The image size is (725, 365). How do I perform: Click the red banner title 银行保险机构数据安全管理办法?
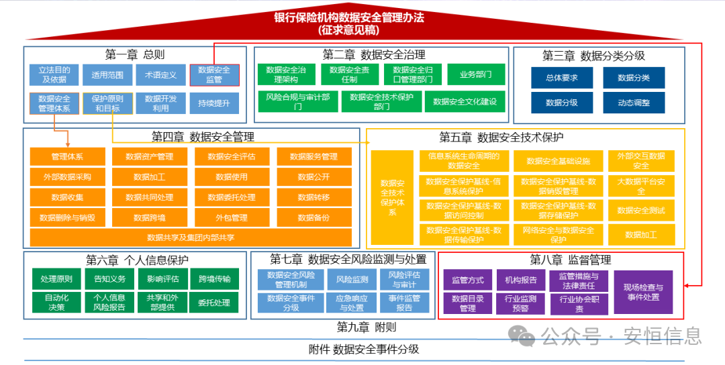(x=349, y=18)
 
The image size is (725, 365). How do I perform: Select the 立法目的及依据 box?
(x=54, y=74)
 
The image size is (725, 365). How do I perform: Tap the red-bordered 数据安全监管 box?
(x=214, y=74)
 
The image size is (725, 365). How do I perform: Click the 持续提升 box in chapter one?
(x=214, y=103)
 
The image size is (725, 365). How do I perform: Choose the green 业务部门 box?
(x=476, y=74)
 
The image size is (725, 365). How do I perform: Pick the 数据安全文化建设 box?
(x=465, y=102)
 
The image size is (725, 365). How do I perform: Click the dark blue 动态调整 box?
(x=634, y=103)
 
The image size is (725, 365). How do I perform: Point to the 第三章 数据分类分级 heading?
(x=594, y=56)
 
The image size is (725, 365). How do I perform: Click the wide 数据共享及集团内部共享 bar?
(x=191, y=238)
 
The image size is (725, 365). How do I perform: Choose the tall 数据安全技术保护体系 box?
(x=393, y=197)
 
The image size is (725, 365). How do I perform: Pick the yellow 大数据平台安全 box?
(x=641, y=187)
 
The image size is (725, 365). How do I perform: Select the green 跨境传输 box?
(x=214, y=279)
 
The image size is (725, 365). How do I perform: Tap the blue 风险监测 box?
(x=352, y=280)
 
